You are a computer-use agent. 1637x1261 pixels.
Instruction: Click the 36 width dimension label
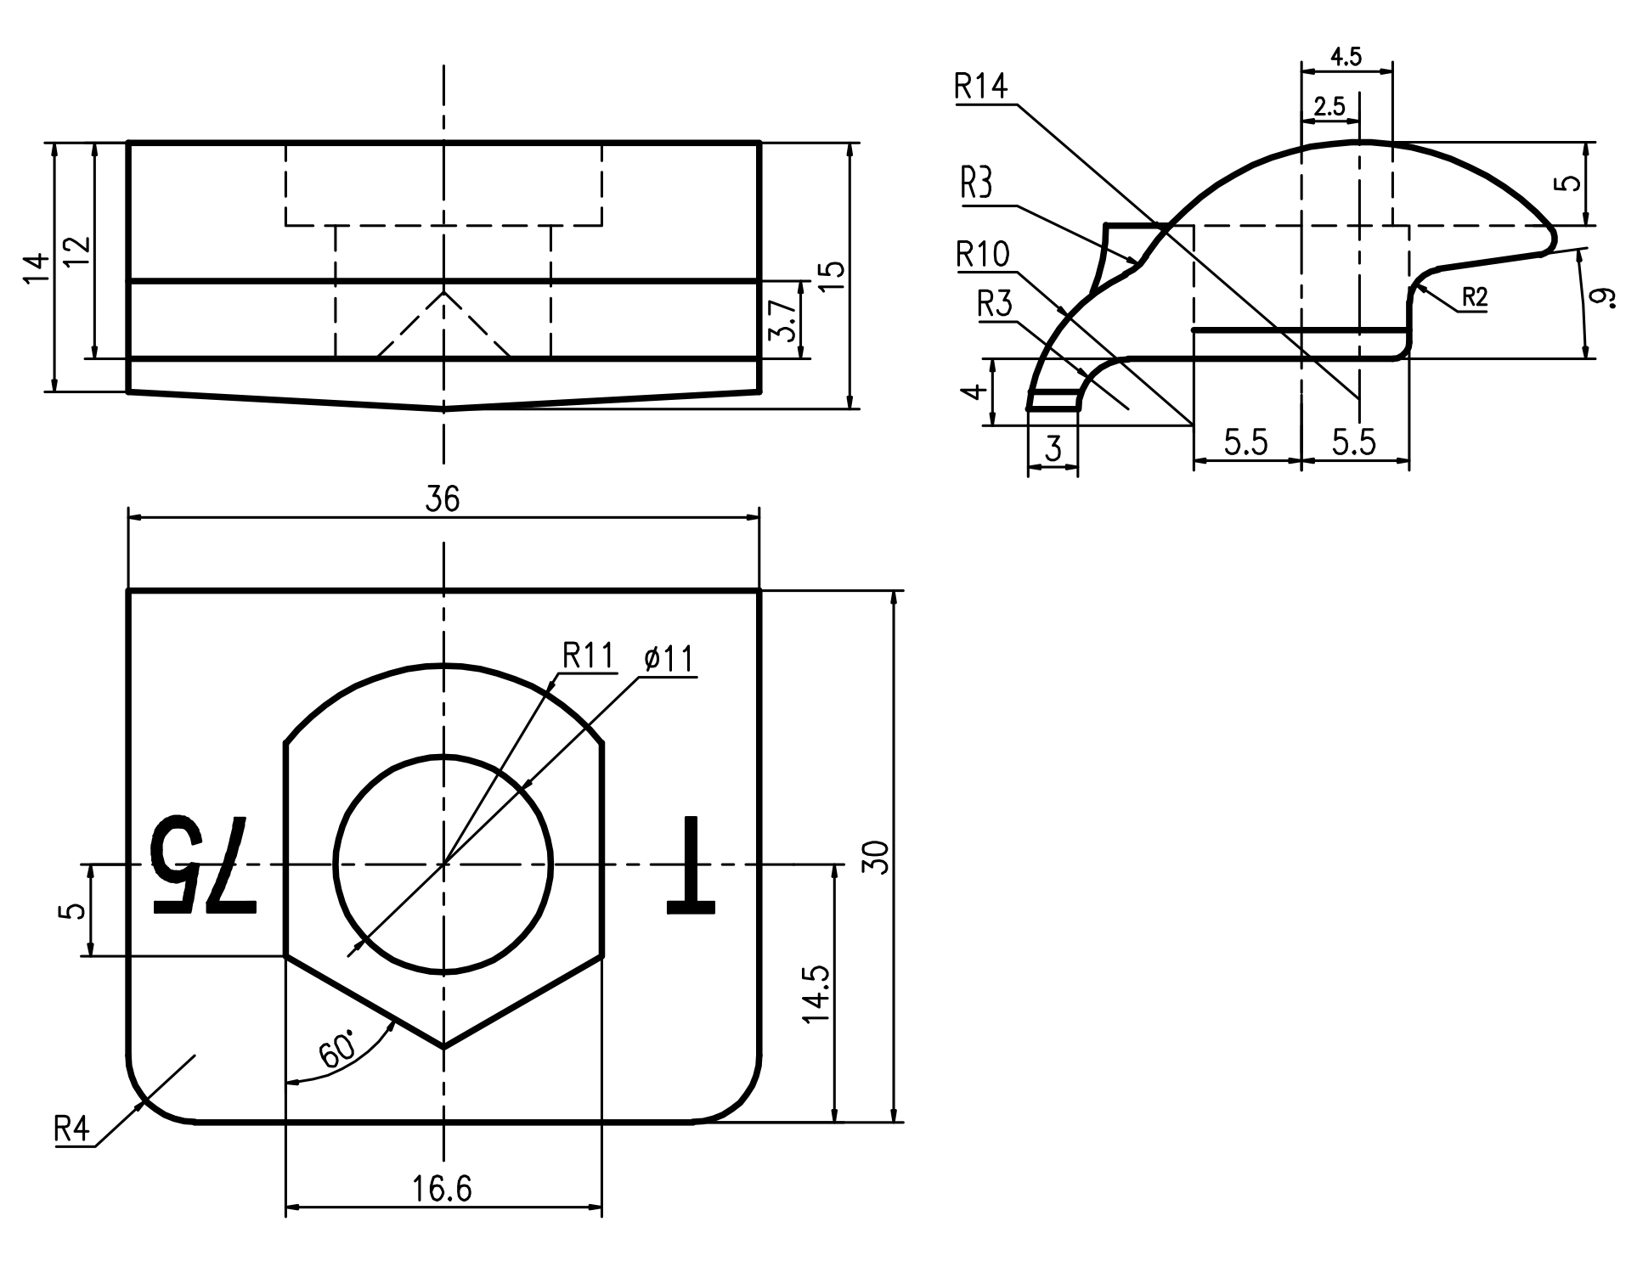click(x=443, y=499)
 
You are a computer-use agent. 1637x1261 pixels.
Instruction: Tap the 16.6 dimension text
click(x=443, y=1189)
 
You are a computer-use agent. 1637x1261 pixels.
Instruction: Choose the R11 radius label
click(x=588, y=656)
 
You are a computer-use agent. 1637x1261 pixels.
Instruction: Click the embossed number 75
click(x=202, y=866)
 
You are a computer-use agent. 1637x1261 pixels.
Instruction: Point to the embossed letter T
click(x=692, y=866)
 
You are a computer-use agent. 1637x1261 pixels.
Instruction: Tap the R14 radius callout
click(x=981, y=87)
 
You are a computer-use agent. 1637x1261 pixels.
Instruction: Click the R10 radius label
click(x=984, y=254)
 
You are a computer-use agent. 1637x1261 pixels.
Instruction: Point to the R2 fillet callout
click(x=1475, y=297)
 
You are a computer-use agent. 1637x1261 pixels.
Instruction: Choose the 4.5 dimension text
click(x=1346, y=57)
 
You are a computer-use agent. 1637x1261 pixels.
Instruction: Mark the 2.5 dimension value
click(x=1329, y=106)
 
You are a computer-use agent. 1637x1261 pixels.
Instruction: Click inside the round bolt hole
click(x=443, y=864)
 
